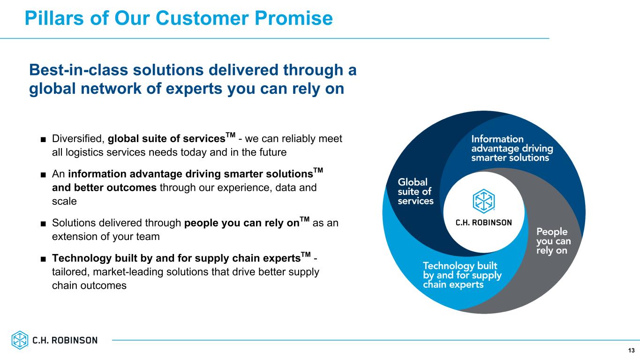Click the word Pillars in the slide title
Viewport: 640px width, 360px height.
pyautogui.click(x=54, y=18)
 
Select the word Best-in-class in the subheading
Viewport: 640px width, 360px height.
pyautogui.click(x=78, y=70)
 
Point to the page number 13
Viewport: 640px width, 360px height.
pyautogui.click(x=632, y=351)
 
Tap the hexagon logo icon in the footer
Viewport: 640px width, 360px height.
pyautogui.click(x=20, y=340)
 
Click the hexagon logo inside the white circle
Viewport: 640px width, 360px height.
pyautogui.click(x=483, y=201)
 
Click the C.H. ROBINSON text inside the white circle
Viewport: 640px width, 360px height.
pyautogui.click(x=483, y=223)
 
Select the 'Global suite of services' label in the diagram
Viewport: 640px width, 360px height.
pyautogui.click(x=415, y=191)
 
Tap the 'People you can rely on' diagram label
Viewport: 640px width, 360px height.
pyautogui.click(x=553, y=241)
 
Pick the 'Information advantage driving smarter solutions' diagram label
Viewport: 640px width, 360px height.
pyautogui.click(x=512, y=148)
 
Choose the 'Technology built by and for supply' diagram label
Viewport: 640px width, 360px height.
pyautogui.click(x=462, y=275)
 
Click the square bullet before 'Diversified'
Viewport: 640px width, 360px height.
pyautogui.click(x=43, y=140)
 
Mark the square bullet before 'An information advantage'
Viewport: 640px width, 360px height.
pyautogui.click(x=43, y=175)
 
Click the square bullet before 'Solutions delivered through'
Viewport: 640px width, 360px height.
pyautogui.click(x=43, y=224)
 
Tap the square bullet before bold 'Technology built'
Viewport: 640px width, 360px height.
pyautogui.click(x=43, y=259)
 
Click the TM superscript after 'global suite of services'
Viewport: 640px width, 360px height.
pyautogui.click(x=231, y=135)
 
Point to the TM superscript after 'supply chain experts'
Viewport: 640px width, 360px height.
pyautogui.click(x=306, y=254)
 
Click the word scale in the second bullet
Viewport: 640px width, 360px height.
pyautogui.click(x=64, y=202)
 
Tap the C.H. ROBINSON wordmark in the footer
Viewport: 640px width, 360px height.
pyautogui.click(x=65, y=340)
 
